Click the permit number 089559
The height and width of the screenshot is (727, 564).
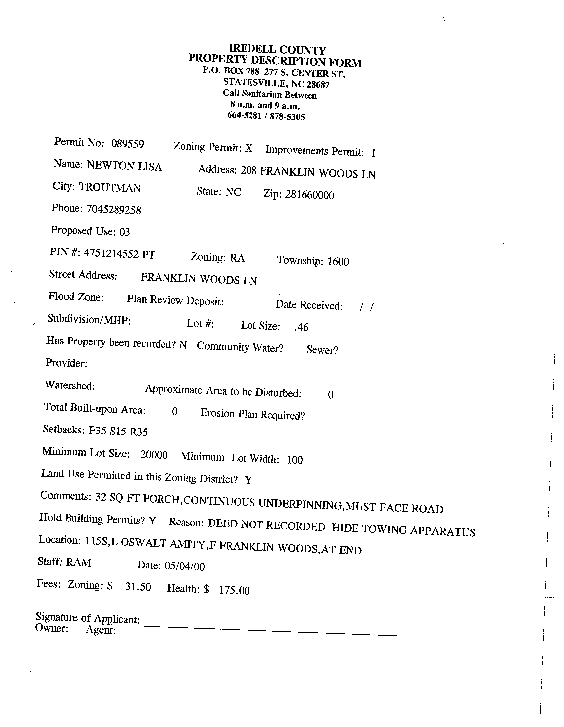click(127, 144)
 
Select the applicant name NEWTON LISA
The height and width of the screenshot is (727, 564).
click(124, 166)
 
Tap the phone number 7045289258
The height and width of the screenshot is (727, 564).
click(114, 210)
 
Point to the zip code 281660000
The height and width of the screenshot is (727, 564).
click(309, 194)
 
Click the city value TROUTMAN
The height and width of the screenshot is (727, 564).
click(110, 188)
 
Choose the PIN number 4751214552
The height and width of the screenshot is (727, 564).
click(111, 254)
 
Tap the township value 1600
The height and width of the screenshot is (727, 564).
click(338, 262)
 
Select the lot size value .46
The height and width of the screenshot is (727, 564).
click(301, 327)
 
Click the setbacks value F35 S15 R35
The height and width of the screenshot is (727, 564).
click(118, 431)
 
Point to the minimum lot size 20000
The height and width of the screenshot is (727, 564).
click(154, 455)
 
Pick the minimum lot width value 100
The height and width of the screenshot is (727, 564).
click(294, 460)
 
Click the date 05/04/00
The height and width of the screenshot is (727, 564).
click(184, 566)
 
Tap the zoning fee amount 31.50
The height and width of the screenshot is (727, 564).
click(138, 586)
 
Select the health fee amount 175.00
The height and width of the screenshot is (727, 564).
click(234, 590)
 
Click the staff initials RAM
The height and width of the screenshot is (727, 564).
click(78, 562)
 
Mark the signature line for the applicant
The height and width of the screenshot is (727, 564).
click(268, 631)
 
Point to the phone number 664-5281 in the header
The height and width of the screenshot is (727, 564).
click(244, 115)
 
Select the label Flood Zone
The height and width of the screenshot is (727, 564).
click(75, 296)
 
